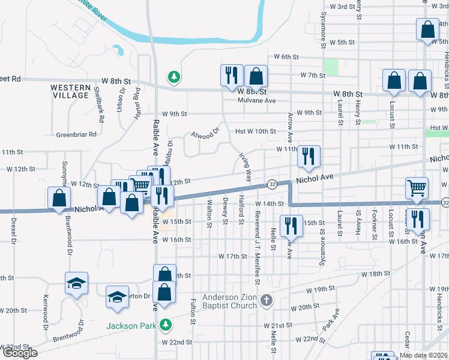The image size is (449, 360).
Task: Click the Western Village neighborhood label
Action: tap(71, 91)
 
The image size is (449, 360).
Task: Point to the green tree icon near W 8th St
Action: tap(173, 77)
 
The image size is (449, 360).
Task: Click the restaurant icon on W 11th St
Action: tap(309, 156)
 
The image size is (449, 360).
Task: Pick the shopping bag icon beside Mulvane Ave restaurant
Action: tap(256, 76)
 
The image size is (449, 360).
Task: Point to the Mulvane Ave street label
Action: tap(258, 100)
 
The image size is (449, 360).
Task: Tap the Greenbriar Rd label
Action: tap(76, 134)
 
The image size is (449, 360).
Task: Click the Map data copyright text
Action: tap(423, 355)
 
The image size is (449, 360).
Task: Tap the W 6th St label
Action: tap(286, 56)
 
